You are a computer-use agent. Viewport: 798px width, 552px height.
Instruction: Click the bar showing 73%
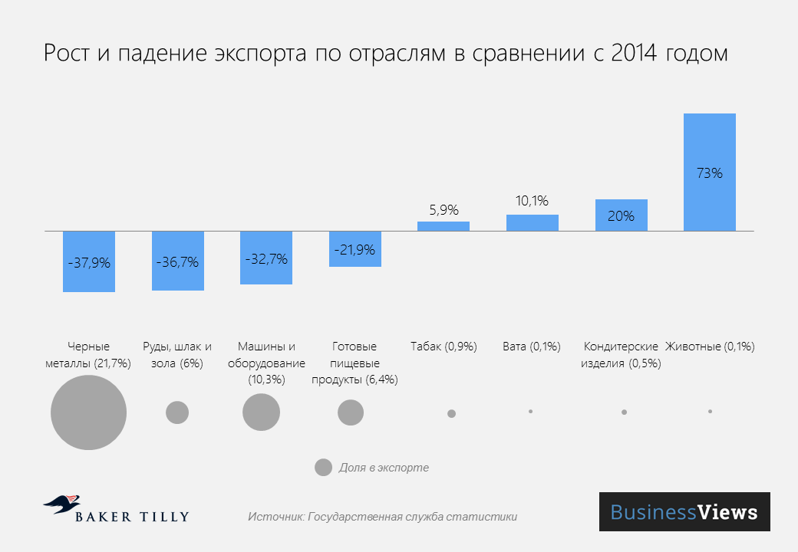[709, 172]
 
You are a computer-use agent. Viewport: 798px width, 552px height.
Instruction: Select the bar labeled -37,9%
[89, 261]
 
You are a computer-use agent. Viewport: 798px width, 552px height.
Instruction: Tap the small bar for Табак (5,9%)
[444, 226]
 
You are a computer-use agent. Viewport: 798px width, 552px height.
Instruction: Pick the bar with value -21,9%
[354, 249]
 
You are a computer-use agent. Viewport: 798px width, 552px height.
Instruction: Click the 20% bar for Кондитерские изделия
[621, 215]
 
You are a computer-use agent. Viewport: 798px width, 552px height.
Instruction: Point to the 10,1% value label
[532, 202]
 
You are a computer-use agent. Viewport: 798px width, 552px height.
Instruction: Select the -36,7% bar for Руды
[177, 261]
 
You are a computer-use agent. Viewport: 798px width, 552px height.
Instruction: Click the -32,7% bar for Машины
[266, 258]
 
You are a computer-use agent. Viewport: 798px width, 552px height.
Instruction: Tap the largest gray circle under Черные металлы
[88, 412]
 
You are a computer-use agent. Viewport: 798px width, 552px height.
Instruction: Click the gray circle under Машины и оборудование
[261, 412]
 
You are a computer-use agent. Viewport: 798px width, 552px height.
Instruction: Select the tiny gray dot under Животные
[711, 412]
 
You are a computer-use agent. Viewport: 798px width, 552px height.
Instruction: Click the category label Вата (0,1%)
[532, 347]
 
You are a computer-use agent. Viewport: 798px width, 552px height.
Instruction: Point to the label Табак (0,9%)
[444, 347]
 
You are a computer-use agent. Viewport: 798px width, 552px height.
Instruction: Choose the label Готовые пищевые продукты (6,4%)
[354, 363]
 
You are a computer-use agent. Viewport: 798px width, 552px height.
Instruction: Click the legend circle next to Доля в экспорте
[323, 468]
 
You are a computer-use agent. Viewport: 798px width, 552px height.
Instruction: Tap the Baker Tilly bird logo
[61, 504]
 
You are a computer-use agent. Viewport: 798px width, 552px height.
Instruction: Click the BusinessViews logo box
[684, 512]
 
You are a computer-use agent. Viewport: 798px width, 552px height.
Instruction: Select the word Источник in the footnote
[275, 517]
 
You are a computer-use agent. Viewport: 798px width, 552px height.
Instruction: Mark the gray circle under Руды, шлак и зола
[177, 412]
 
